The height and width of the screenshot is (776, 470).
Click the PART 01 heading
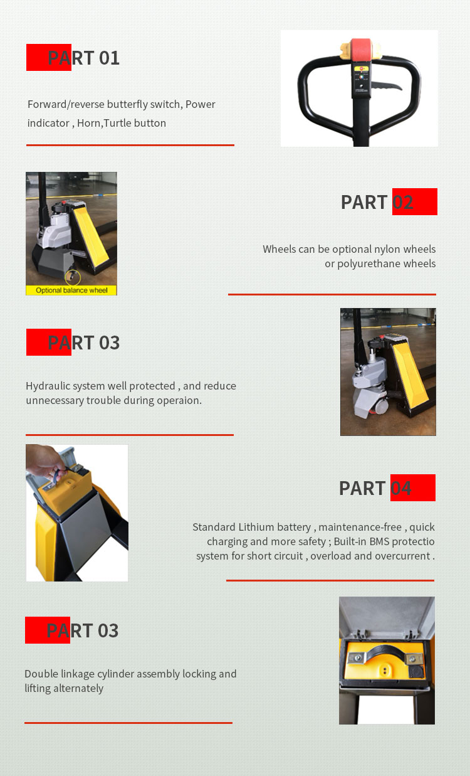(83, 58)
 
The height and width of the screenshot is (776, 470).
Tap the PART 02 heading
(377, 202)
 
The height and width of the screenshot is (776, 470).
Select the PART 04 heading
(375, 488)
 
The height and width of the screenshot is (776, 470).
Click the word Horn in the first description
(89, 123)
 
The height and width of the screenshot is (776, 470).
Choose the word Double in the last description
(41, 674)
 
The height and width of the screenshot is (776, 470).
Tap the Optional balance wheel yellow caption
(71, 290)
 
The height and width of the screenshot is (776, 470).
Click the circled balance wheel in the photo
(73, 277)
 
